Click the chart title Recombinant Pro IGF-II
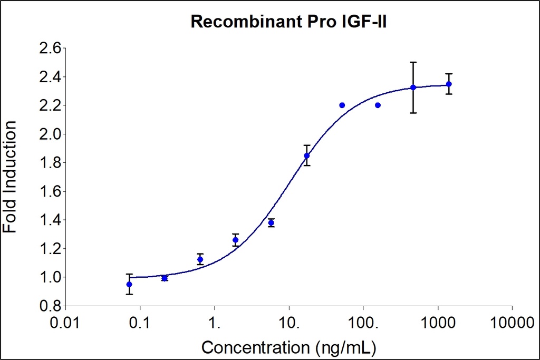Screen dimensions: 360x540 [x=289, y=22]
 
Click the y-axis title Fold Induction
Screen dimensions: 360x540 [x=11, y=177]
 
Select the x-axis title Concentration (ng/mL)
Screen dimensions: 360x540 [x=289, y=348]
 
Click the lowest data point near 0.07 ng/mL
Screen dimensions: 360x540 [x=129, y=284]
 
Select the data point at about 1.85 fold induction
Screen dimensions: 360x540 [x=307, y=155]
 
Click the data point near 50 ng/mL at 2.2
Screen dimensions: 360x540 [x=342, y=105]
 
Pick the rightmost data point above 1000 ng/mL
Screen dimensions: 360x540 [x=449, y=84]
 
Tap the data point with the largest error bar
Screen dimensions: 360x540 [x=413, y=87]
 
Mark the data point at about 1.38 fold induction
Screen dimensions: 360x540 [x=271, y=223]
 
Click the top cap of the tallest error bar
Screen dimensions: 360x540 [x=413, y=62]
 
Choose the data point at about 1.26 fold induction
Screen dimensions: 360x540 [x=235, y=240]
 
